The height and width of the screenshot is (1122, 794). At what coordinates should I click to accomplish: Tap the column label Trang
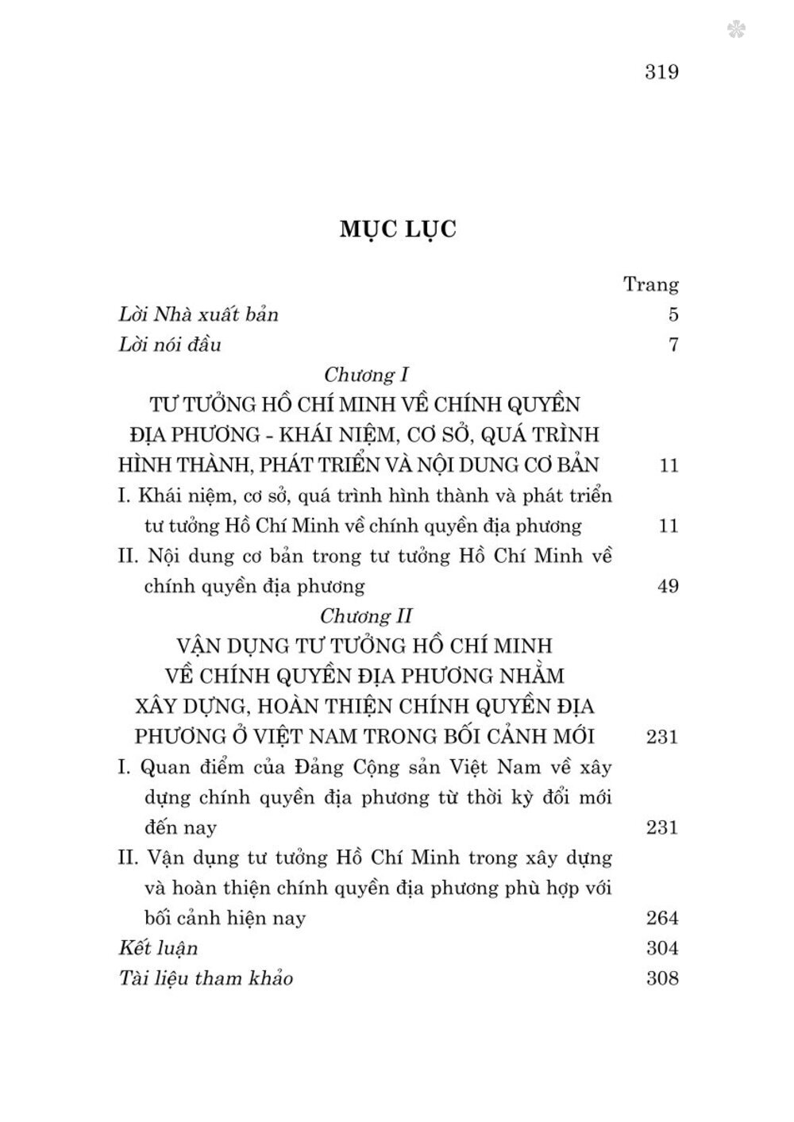point(651,284)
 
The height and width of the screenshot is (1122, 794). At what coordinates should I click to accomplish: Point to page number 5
point(673,314)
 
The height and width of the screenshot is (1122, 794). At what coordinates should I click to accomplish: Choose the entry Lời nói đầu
point(169,345)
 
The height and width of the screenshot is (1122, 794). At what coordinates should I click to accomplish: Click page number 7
point(673,345)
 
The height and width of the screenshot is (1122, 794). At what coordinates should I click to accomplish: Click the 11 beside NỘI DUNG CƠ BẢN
point(669,465)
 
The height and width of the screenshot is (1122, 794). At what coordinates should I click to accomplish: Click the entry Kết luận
point(157,948)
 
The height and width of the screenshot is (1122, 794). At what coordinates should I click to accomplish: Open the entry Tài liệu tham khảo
point(205,978)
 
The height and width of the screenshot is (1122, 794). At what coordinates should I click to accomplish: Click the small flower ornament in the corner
point(736,30)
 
